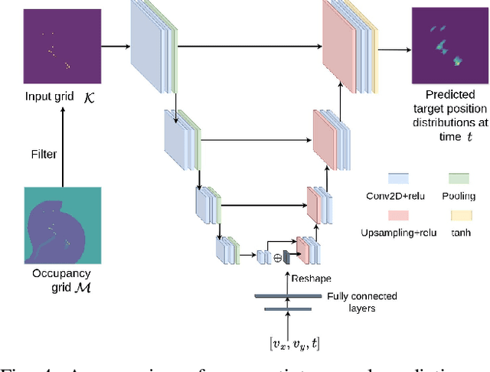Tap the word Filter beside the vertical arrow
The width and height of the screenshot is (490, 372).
tap(44, 155)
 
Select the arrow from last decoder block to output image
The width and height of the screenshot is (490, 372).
tap(395, 51)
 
